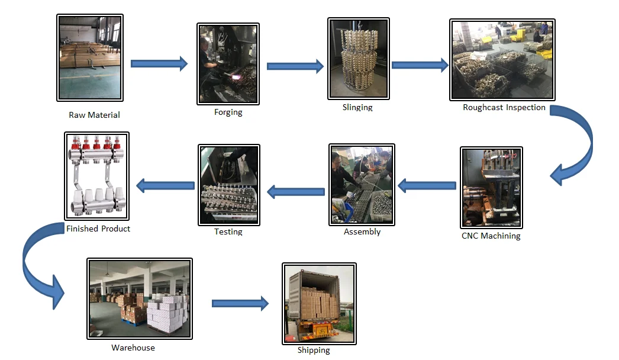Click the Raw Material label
pos(94,115)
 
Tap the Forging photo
pos(228,63)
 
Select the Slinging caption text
pos(357,108)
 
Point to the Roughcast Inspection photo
pos(502,59)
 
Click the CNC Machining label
pos(491,236)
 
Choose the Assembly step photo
pos(361,184)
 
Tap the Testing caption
pos(228,232)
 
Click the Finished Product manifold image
pos(96,176)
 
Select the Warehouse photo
pos(140,298)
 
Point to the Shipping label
pos(314,350)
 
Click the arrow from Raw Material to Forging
pos(158,63)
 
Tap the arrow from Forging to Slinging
pos(295,66)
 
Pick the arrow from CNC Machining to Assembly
pos(427,186)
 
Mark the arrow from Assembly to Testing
pos(296,191)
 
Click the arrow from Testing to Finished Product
pos(165,186)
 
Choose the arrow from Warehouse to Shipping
pos(240,304)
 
